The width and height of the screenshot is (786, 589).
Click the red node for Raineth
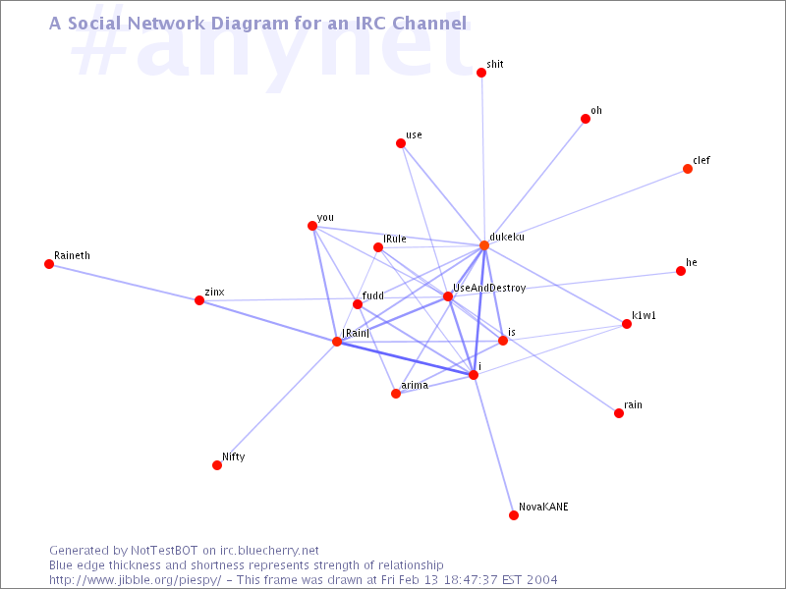pyautogui.click(x=49, y=264)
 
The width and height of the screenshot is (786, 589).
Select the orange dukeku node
pyautogui.click(x=484, y=245)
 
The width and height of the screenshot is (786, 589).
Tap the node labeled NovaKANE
pyautogui.click(x=514, y=515)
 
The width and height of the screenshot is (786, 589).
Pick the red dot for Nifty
pyautogui.click(x=217, y=465)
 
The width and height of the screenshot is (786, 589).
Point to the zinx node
pyautogui.click(x=199, y=300)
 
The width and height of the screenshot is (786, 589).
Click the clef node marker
pyautogui.click(x=688, y=169)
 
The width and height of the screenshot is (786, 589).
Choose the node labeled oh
pyautogui.click(x=586, y=119)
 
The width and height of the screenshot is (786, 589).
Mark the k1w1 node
pyautogui.click(x=627, y=324)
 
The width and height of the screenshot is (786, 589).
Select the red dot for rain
pyautogui.click(x=619, y=413)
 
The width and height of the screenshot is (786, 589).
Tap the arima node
pyautogui.click(x=396, y=394)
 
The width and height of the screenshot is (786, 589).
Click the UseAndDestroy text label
pyautogui.click(x=489, y=288)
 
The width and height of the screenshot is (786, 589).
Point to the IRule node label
pyautogui.click(x=395, y=239)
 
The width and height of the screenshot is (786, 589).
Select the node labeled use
pyautogui.click(x=401, y=143)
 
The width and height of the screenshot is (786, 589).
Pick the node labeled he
pyautogui.click(x=681, y=271)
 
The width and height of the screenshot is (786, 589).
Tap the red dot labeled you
pyautogui.click(x=312, y=226)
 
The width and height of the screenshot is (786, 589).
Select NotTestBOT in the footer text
pyautogui.click(x=164, y=551)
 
